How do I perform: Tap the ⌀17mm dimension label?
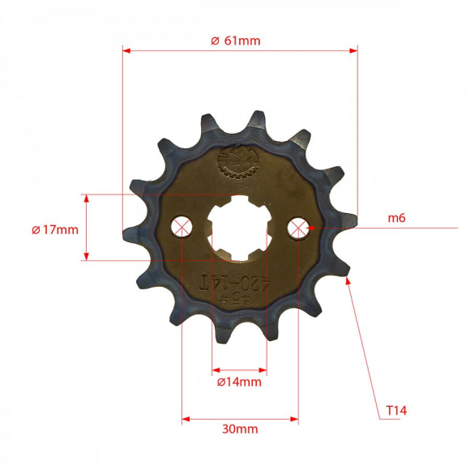pos(55,229)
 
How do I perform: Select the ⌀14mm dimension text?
pos(239,382)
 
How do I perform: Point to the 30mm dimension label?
pos(240,429)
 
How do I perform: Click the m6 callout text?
pos(396,218)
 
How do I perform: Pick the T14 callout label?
pos(395,412)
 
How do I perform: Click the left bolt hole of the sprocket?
pos(182,227)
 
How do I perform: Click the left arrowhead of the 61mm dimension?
pos(126,50)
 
